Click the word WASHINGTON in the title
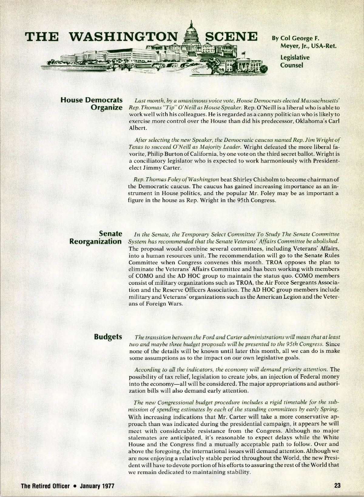[x=123, y=37]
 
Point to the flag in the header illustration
[x=243, y=54]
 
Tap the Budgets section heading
[x=108, y=337]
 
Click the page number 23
[x=337, y=485]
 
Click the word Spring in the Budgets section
[x=331, y=409]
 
